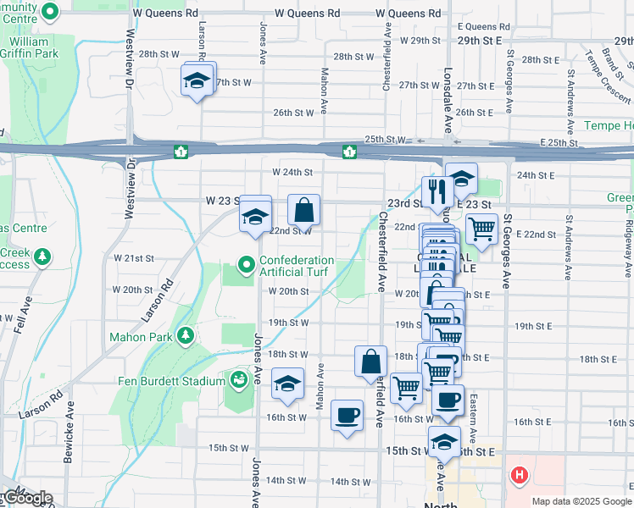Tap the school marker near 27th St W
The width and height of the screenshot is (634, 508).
coord(197,81)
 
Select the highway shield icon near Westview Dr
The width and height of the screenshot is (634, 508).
coord(181,152)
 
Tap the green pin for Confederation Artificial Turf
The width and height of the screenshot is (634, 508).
coord(247,266)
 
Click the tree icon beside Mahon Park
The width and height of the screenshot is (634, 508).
coord(183,337)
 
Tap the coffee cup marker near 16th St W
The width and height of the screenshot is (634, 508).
coord(347,415)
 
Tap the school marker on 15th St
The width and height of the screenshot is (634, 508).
coord(444,441)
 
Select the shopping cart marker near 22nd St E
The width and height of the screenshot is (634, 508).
coord(481,228)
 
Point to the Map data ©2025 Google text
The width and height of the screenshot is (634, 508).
coord(581,501)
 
